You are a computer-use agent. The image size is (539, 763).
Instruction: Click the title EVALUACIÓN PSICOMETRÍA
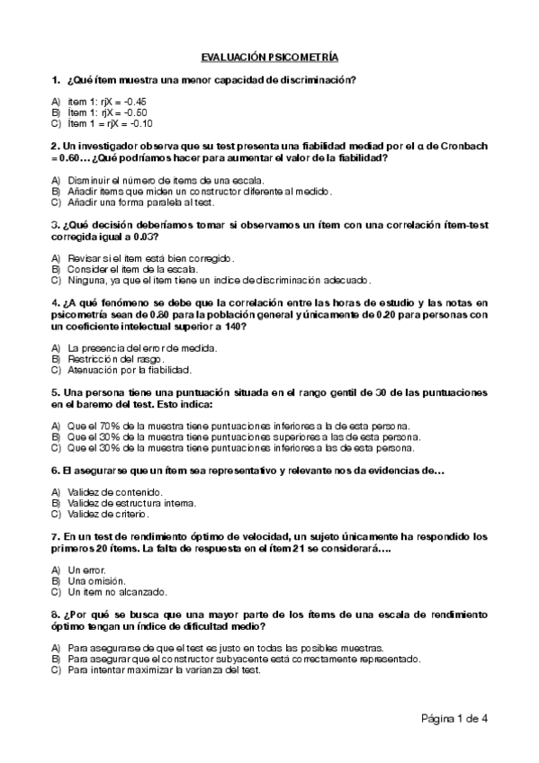click(x=269, y=57)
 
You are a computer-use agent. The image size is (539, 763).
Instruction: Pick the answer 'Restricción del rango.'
click(x=112, y=358)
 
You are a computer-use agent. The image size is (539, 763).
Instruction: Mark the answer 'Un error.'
click(x=86, y=570)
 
